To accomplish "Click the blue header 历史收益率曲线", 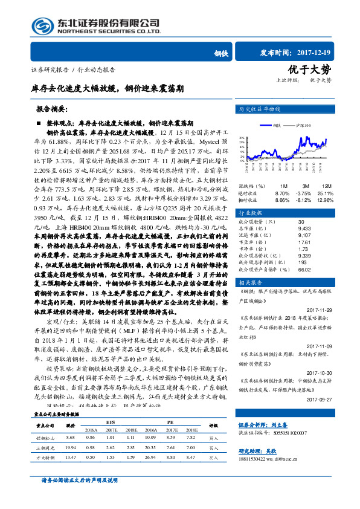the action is click(x=260, y=110).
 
